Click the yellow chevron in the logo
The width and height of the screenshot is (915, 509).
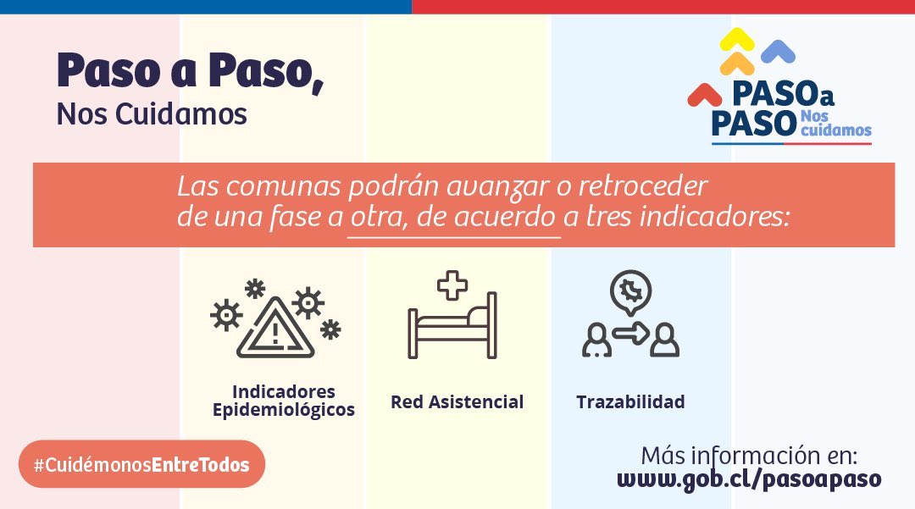coord(736,38)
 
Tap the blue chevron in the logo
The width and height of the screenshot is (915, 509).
coord(778,51)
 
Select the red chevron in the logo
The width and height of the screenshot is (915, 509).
coord(704,94)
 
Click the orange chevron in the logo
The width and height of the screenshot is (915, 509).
coord(737,63)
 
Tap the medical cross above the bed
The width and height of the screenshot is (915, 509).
coord(452,285)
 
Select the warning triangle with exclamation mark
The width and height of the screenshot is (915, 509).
coord(275,329)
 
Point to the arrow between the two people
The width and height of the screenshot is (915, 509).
coord(631,334)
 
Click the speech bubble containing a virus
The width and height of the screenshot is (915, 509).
coord(630,292)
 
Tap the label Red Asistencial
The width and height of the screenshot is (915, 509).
coord(457,401)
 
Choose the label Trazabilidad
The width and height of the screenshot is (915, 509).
coord(630,401)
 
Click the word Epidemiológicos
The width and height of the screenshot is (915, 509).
coord(284,411)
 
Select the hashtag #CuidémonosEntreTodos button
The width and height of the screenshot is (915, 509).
coord(141,464)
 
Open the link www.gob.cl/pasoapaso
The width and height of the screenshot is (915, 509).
coord(749,479)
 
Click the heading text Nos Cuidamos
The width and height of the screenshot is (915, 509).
coord(152,113)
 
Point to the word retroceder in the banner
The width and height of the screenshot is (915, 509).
coord(643,186)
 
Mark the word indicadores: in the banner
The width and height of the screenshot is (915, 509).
coord(715,216)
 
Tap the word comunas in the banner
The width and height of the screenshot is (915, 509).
coord(284,187)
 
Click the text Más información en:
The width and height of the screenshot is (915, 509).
coord(749,456)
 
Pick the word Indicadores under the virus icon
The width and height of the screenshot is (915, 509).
coord(284,391)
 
